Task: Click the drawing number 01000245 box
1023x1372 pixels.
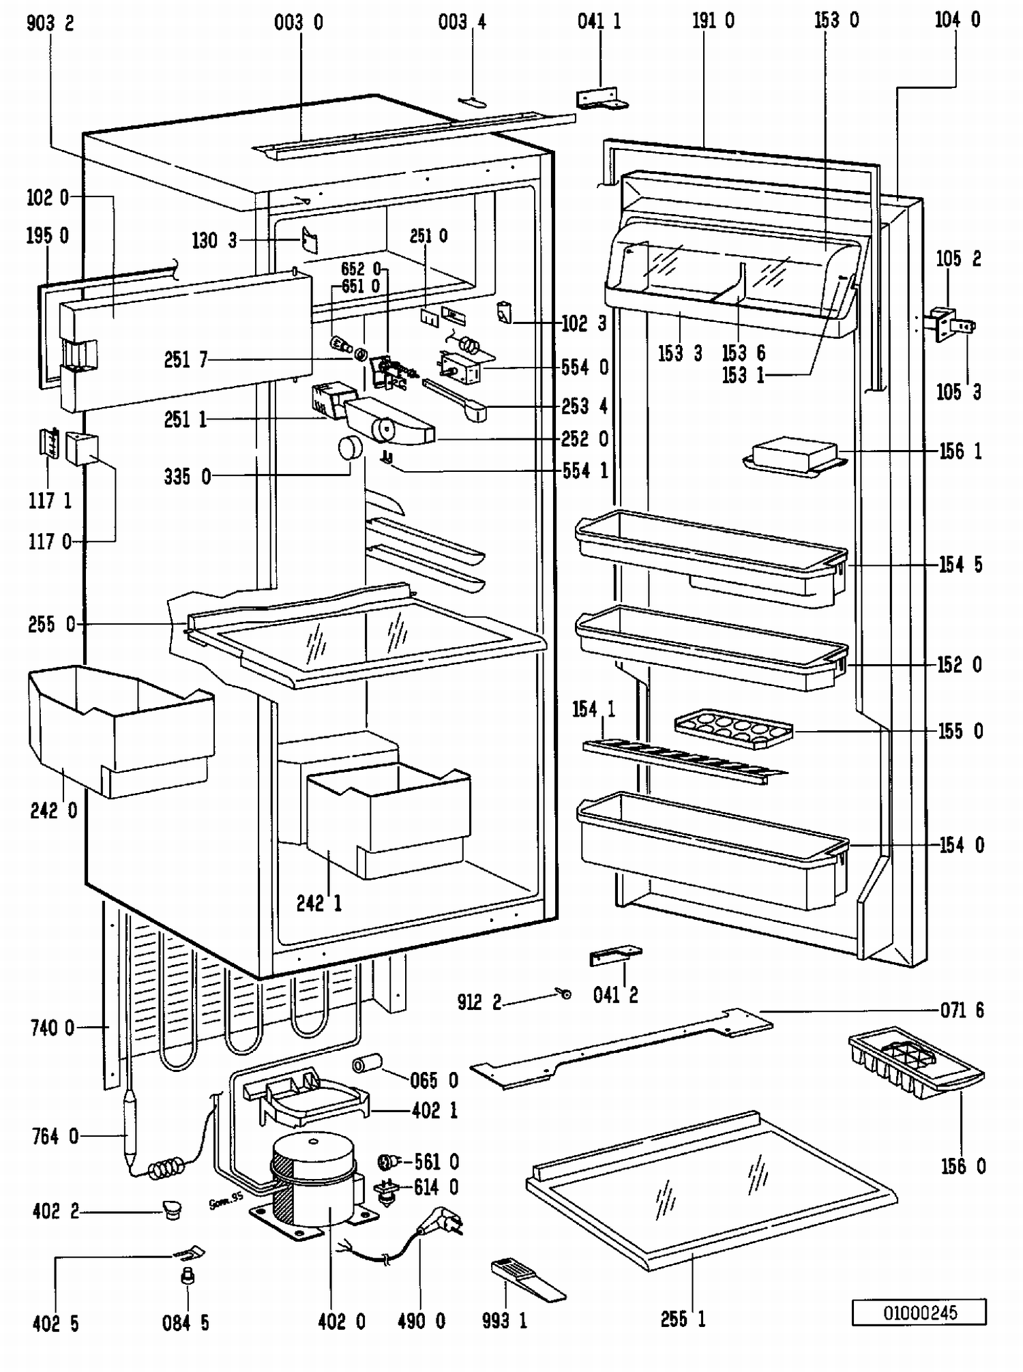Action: tap(919, 1312)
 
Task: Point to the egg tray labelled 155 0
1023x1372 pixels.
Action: tap(734, 729)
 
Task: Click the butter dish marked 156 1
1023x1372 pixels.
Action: tap(795, 455)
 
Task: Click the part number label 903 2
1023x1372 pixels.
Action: tap(50, 23)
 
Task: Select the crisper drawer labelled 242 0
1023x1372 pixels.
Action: tap(119, 730)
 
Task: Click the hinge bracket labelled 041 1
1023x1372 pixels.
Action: tap(601, 99)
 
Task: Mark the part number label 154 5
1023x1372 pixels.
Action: tap(960, 565)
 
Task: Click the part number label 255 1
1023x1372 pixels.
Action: tap(683, 1319)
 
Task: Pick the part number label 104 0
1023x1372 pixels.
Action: tap(957, 20)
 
